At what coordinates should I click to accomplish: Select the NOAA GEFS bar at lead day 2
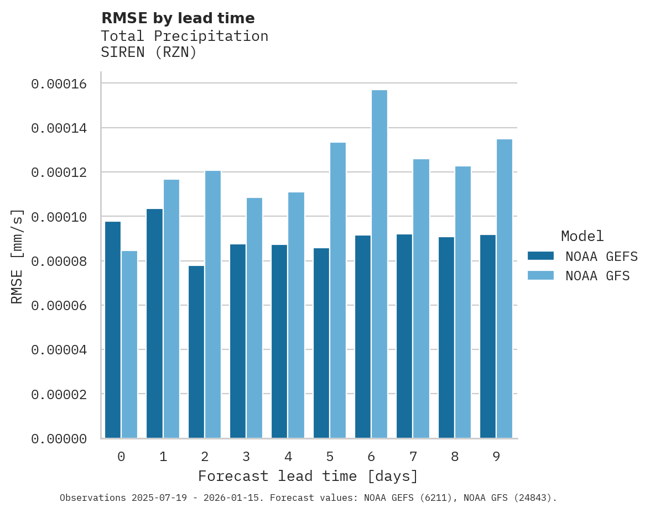coord(196,352)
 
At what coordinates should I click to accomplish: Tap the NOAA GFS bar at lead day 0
coord(129,344)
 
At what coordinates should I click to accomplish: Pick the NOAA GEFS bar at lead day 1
coord(154,323)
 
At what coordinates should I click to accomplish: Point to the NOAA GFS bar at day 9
coord(505,289)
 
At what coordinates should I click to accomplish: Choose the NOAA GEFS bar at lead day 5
coord(321,343)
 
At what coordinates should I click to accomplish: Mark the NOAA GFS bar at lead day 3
coord(254,318)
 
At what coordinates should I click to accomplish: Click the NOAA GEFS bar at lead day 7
coord(405,336)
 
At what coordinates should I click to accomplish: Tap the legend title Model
coord(582,236)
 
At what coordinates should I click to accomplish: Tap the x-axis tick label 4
coord(288,457)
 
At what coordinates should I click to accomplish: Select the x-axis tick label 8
coord(455,457)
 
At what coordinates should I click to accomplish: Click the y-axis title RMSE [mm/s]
coord(18,256)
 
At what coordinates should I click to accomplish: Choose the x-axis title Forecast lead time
coord(308,476)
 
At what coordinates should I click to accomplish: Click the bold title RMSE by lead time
coord(178,18)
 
